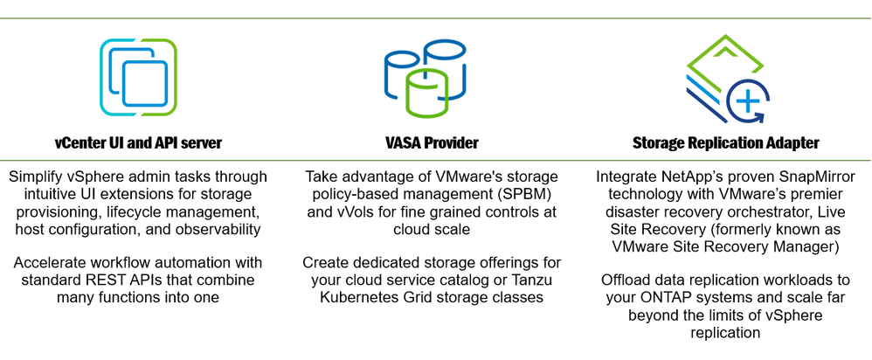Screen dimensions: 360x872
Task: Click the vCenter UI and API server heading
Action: tap(138, 142)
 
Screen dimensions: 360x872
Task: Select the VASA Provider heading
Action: tap(433, 142)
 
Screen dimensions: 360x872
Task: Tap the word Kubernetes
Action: tap(357, 297)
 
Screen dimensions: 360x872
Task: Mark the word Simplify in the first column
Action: tap(37, 177)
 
